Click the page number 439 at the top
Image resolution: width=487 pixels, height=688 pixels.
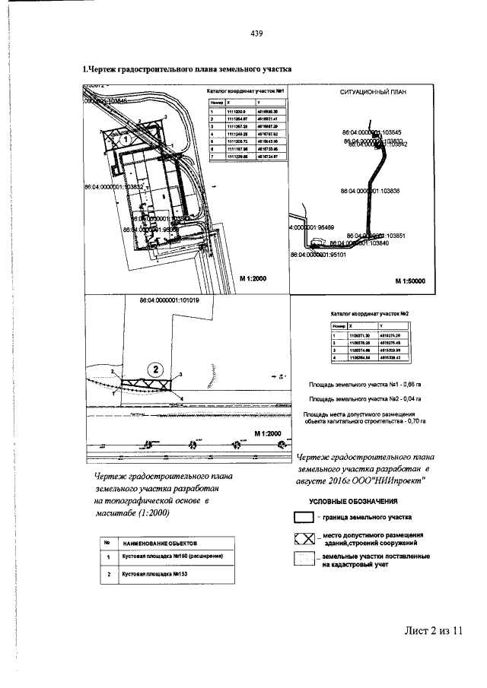coord(256,33)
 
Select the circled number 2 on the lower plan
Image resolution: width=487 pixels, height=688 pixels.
coord(155,369)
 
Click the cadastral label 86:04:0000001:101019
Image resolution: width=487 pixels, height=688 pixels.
coord(170,300)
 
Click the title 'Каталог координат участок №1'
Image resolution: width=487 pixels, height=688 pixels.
coord(240,93)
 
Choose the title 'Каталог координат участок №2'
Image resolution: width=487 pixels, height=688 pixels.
coord(370,313)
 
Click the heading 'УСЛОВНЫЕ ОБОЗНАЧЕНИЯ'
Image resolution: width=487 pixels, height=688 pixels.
coord(354,502)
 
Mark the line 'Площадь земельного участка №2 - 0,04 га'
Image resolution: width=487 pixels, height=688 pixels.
coord(365,397)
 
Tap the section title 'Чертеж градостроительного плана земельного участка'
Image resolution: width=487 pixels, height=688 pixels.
coord(187,69)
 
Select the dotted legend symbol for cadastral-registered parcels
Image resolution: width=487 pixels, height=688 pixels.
coord(304,560)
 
